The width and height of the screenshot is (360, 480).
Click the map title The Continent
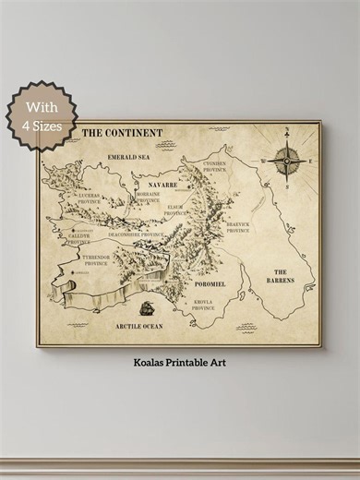point(122,133)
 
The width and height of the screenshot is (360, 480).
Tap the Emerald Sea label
point(128,157)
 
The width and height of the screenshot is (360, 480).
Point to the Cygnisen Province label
point(214,167)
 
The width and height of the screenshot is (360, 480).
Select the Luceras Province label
point(90,198)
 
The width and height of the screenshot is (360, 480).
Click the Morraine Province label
point(148,198)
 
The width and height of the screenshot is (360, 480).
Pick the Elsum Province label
point(175,210)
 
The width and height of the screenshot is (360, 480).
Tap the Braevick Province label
point(238,224)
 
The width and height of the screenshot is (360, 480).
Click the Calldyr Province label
point(79,238)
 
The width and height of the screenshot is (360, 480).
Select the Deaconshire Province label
point(136,234)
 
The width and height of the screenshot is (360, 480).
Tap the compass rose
point(289,161)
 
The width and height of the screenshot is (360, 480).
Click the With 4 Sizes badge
point(39,114)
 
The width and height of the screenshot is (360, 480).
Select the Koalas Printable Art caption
point(179,363)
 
